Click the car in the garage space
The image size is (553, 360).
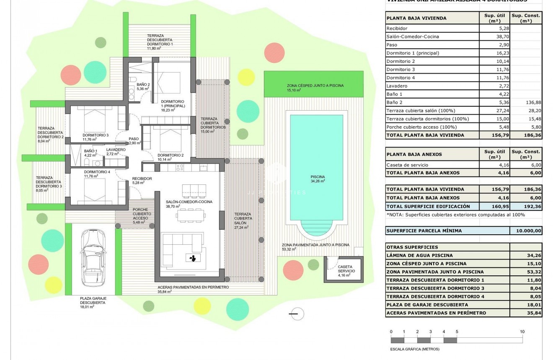(90, 258)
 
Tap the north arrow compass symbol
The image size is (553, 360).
(297, 313)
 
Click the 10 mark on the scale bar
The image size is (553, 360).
(522, 332)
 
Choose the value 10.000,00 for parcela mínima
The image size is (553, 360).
(526, 231)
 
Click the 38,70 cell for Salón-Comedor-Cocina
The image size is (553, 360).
(494, 36)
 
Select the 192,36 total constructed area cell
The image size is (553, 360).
(526, 206)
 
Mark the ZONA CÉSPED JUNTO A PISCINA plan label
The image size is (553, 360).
(309, 85)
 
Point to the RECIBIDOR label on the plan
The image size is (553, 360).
(142, 179)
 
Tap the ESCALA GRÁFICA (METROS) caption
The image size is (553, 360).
(414, 349)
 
